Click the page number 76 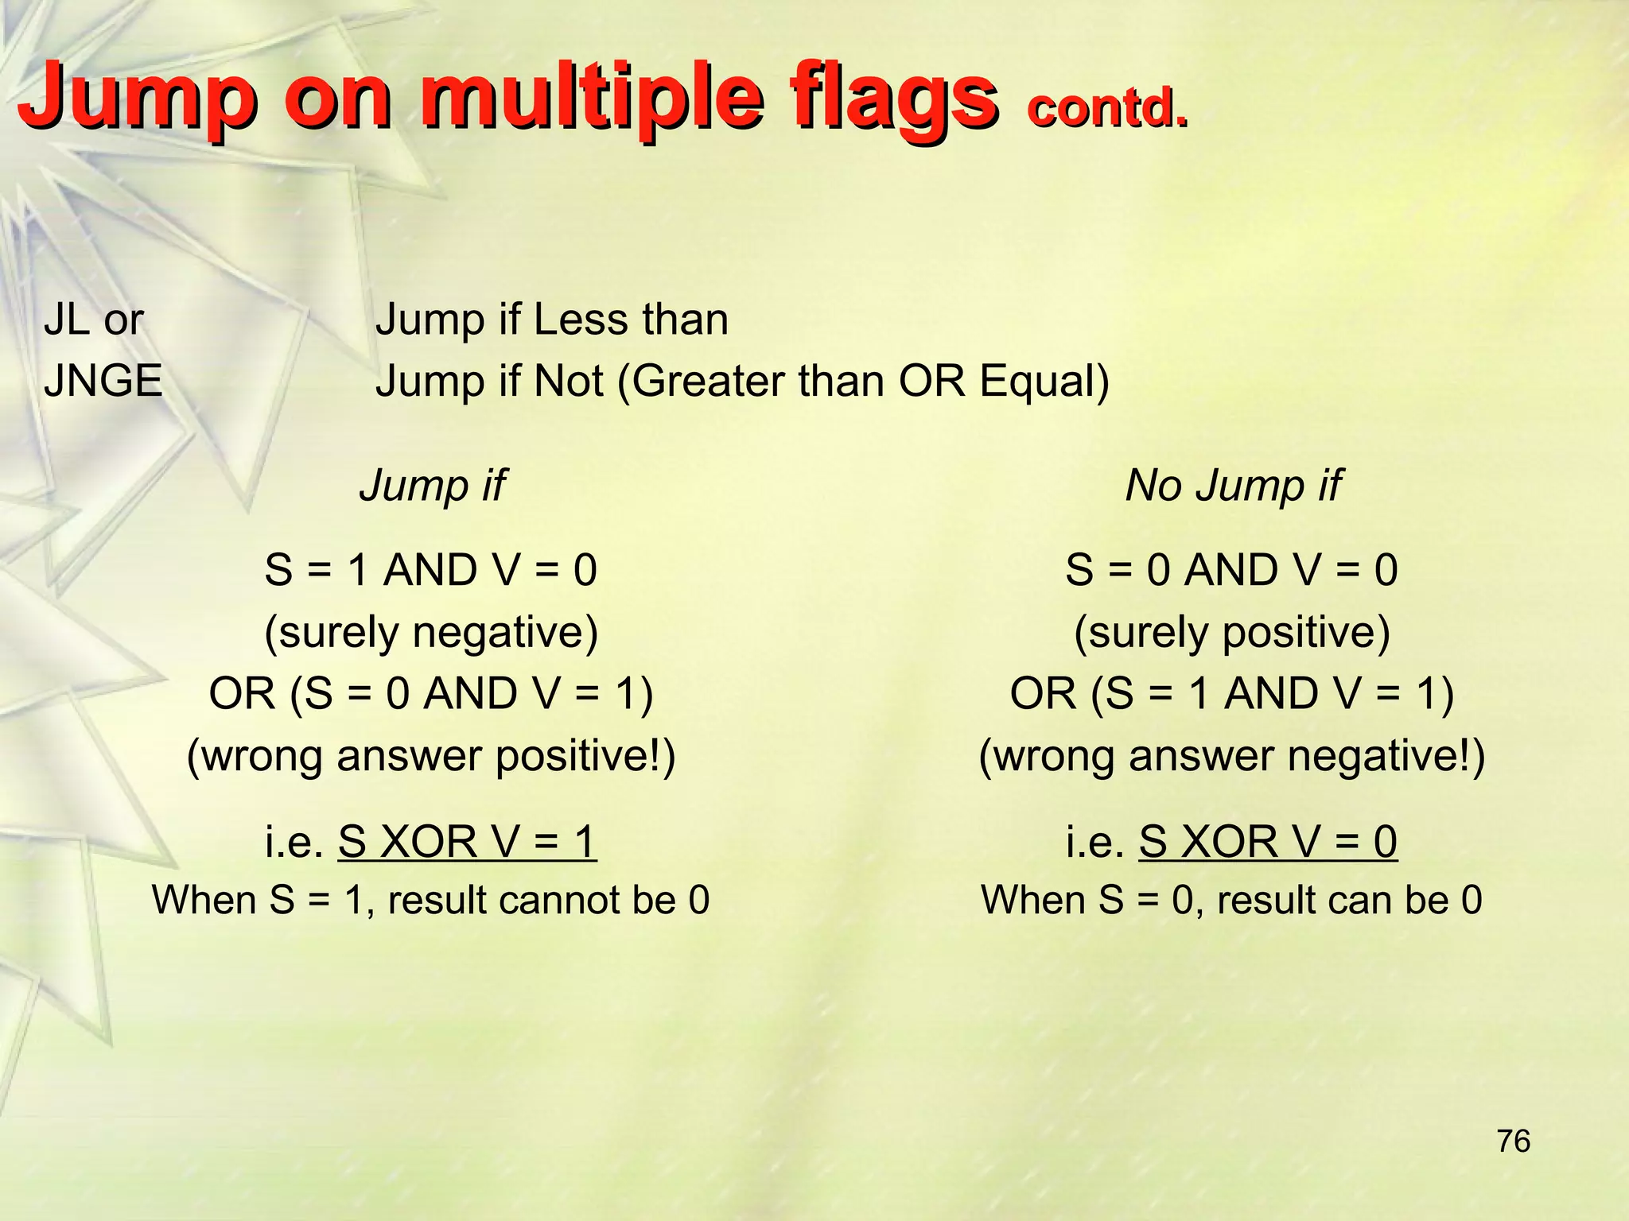click(1514, 1142)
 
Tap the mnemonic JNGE click(103, 380)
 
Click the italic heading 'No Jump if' click(1233, 485)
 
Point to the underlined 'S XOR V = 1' click(467, 842)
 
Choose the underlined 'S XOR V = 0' click(1268, 842)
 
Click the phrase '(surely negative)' click(431, 633)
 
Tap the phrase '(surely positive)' click(1232, 633)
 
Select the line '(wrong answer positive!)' click(431, 755)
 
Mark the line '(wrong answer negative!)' click(1232, 755)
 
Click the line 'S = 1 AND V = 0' click(431, 571)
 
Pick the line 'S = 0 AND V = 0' click(1232, 571)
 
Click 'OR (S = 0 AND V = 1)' click(431, 693)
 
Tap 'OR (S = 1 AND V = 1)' click(1232, 693)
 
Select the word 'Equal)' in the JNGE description click(1044, 381)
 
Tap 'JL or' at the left click(94, 320)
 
